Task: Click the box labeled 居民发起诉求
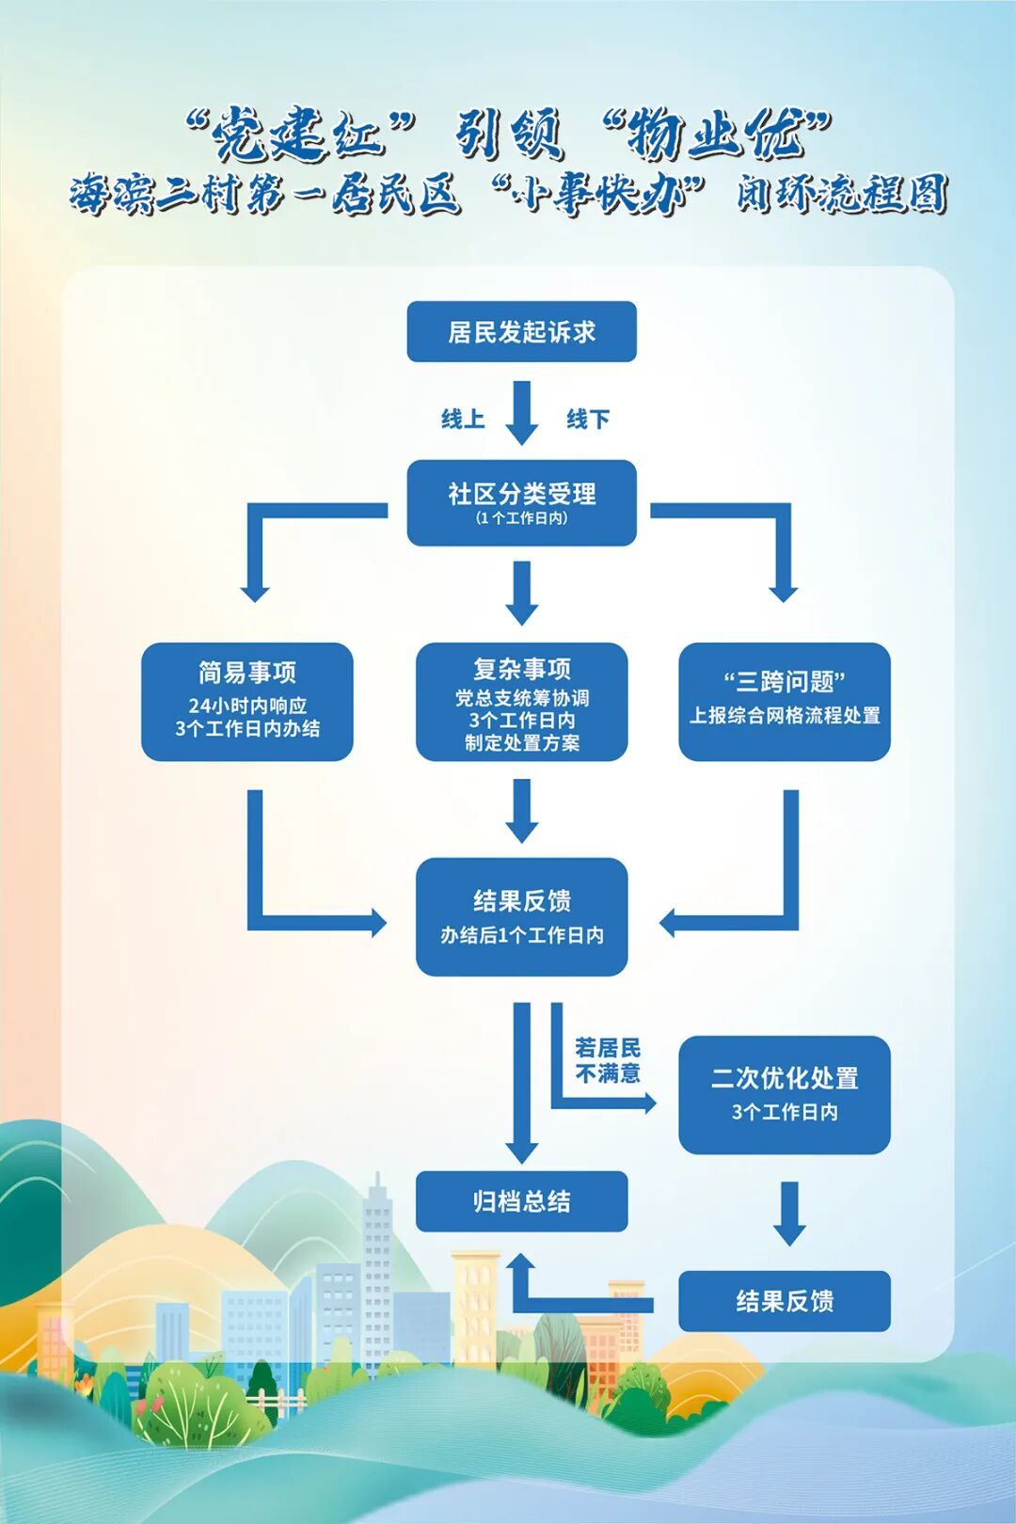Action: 521,331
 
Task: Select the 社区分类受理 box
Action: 521,501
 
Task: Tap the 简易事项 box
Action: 247,702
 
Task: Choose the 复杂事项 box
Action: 521,702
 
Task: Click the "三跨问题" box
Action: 785,702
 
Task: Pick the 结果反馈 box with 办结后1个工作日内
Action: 521,916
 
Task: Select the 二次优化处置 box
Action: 785,1095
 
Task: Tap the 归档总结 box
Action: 521,1201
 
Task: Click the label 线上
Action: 463,419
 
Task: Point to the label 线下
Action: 588,419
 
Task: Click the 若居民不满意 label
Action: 608,1060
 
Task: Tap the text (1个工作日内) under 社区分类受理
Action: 521,518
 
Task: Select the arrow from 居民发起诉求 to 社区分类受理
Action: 521,411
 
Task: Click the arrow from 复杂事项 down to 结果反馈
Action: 521,810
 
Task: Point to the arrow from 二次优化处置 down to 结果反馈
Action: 789,1213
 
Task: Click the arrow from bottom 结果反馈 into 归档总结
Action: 564,1303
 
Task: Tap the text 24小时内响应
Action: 247,706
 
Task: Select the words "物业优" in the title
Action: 716,135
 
